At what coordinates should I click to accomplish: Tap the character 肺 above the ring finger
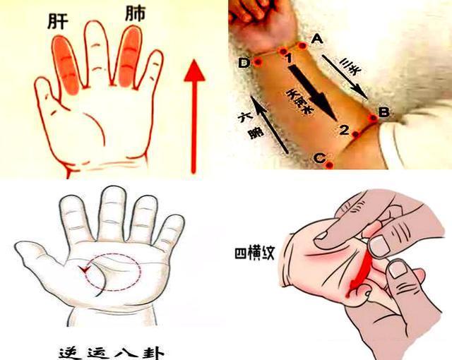135,15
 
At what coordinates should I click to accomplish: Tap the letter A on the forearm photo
316,37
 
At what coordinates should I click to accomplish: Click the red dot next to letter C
329,164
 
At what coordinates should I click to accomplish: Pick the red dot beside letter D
258,62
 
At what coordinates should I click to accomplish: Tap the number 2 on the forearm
344,130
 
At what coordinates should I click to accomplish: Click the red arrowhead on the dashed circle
85,269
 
